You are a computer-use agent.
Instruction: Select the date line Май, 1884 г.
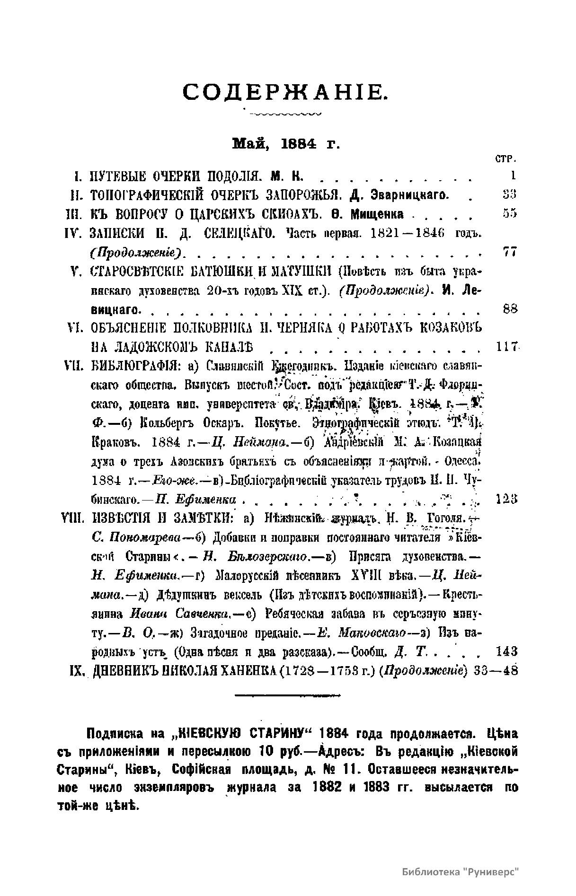(x=286, y=143)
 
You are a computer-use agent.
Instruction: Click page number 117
(x=507, y=347)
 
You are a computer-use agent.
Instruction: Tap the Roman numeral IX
(x=77, y=671)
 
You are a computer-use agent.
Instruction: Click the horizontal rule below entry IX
(x=287, y=695)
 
